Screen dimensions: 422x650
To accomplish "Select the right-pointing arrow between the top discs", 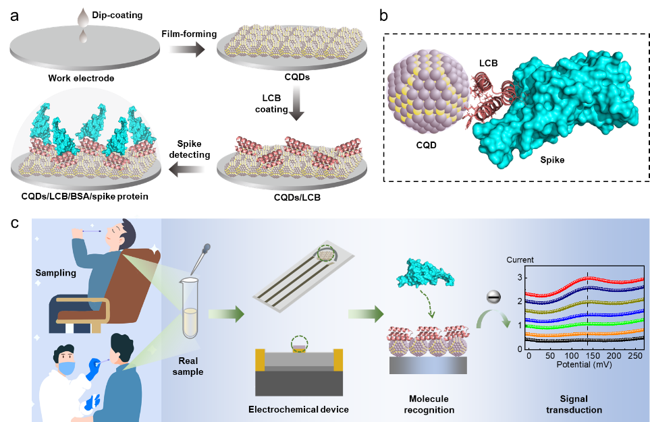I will tap(186, 49).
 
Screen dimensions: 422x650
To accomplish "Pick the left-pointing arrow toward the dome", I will tap(186, 169).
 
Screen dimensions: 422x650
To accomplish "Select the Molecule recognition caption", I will tap(429, 404).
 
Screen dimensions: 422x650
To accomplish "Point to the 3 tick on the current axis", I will tap(519, 277).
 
